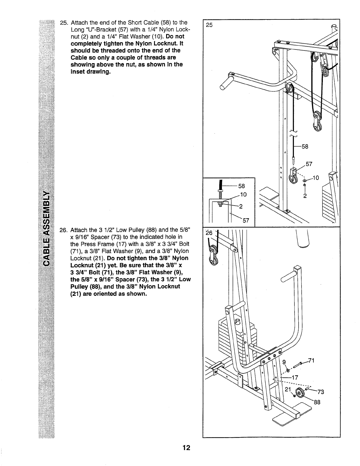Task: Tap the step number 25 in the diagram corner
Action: point(209,25)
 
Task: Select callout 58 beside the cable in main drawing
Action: point(305,147)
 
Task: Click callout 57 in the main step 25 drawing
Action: point(309,164)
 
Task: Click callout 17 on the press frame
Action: point(295,377)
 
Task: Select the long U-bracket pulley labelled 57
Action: point(293,176)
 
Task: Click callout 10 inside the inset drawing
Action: point(243,195)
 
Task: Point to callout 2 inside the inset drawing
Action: point(240,206)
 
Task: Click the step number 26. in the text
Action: point(63,230)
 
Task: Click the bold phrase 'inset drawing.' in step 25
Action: point(90,72)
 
